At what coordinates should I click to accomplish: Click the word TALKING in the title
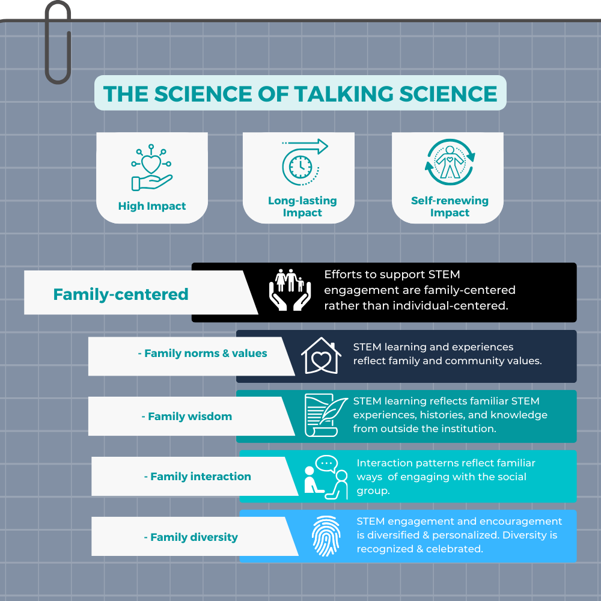(344, 94)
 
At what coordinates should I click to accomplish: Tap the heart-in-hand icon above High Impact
(151, 168)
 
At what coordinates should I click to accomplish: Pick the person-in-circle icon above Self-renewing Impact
(450, 162)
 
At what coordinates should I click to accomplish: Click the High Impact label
(152, 206)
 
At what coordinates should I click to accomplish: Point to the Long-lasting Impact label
(302, 207)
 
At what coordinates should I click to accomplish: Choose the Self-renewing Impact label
(450, 207)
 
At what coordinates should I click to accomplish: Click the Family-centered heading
(121, 294)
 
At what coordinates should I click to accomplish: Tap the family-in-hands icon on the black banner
(290, 290)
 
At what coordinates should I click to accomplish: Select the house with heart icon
(321, 356)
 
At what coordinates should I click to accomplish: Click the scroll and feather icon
(326, 415)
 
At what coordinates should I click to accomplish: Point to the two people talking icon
(326, 477)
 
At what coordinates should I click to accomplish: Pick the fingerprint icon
(326, 536)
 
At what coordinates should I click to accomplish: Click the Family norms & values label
(203, 353)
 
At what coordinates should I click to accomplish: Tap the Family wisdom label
(187, 416)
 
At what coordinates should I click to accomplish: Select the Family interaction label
(197, 477)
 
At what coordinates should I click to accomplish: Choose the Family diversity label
(191, 537)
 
